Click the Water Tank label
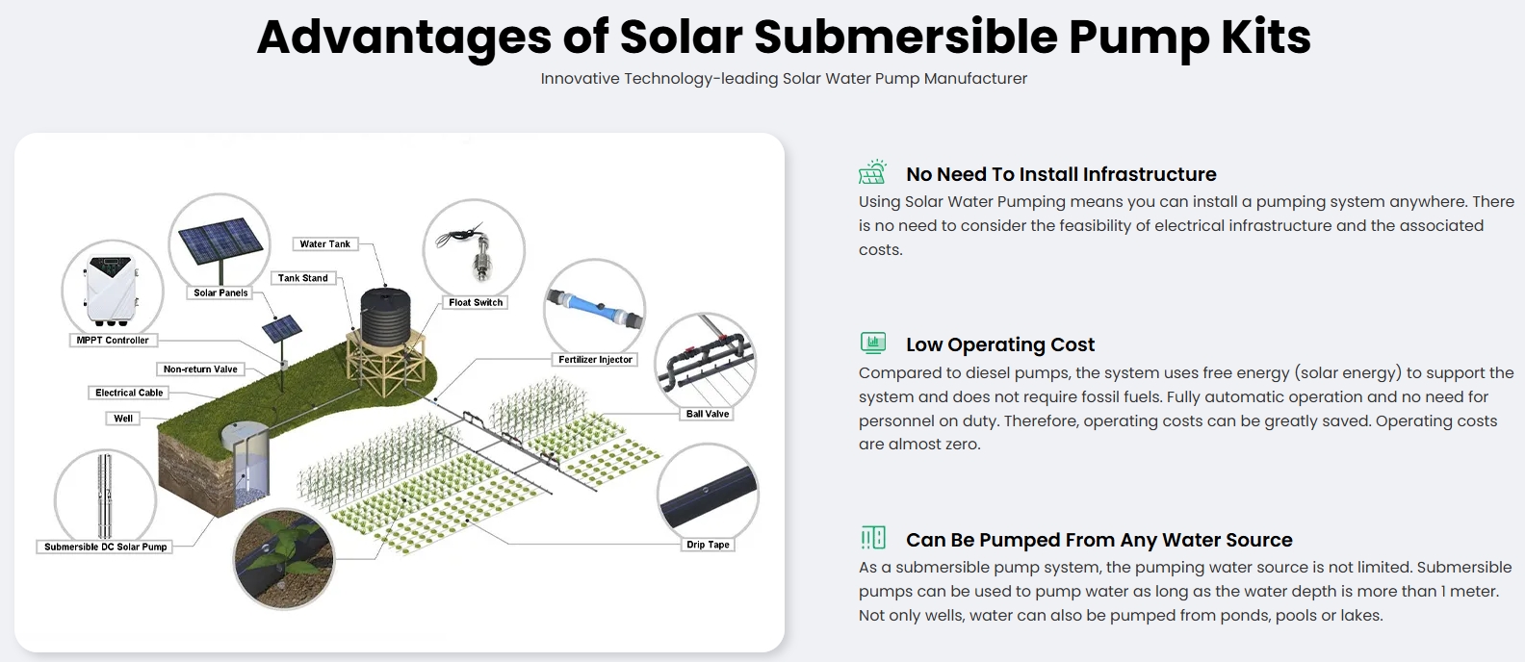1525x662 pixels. tap(324, 244)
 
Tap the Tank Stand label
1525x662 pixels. tap(303, 278)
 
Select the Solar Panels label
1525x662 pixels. tap(220, 293)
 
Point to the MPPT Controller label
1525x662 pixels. tap(113, 341)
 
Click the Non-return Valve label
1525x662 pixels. tap(200, 369)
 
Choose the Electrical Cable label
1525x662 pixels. tap(129, 393)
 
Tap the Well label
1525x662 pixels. tap(123, 419)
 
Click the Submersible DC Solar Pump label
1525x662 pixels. tap(105, 547)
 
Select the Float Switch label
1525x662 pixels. tap(476, 303)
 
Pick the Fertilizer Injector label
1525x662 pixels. tap(595, 360)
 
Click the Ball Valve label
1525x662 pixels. tap(708, 414)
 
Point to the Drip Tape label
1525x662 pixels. tap(708, 545)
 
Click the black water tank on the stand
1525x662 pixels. tap(385, 318)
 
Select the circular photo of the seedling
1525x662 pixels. tap(284, 558)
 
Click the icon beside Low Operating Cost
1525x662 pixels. tap(873, 344)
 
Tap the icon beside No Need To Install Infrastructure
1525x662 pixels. tap(873, 172)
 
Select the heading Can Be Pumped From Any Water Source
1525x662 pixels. tap(1099, 540)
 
